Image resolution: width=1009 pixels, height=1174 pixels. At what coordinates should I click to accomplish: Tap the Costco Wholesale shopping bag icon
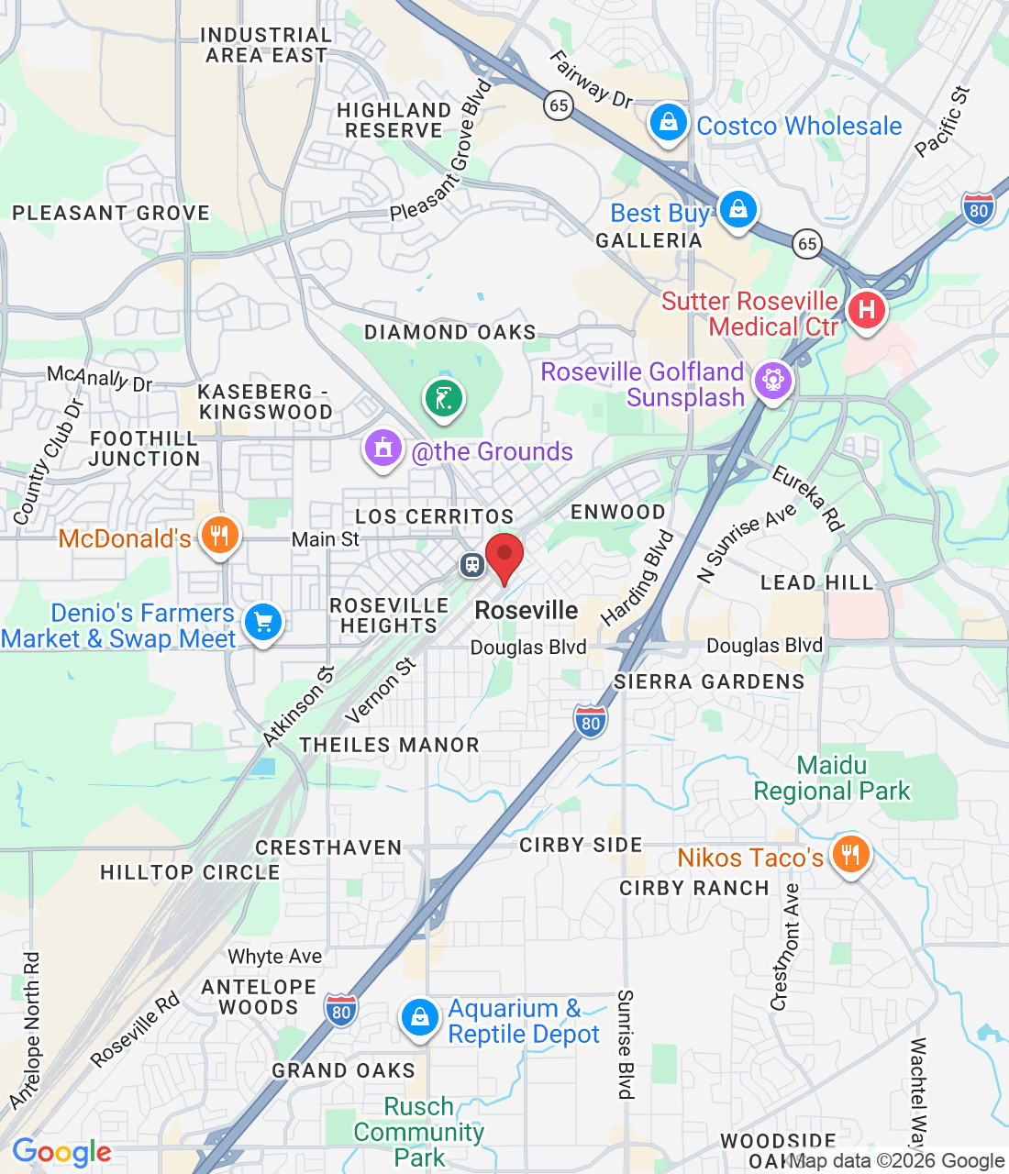(669, 123)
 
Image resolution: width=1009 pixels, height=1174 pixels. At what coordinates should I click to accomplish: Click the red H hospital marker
(866, 310)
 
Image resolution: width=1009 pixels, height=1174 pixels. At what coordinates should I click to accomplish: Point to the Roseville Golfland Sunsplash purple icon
(772, 380)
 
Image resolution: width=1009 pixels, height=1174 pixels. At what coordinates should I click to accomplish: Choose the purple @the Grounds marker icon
(383, 449)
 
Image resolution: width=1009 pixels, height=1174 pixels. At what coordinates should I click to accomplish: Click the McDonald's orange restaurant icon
(219, 536)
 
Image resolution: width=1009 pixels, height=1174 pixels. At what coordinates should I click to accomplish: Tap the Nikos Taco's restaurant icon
(850, 855)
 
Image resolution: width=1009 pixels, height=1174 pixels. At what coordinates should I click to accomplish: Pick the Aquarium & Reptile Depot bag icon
(419, 1017)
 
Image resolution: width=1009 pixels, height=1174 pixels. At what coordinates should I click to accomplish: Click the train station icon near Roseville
(472, 564)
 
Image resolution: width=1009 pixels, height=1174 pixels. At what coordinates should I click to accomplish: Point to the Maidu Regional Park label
(832, 778)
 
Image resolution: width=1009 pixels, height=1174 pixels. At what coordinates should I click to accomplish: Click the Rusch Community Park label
(419, 1132)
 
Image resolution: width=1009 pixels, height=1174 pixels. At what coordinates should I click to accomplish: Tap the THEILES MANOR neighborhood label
(390, 745)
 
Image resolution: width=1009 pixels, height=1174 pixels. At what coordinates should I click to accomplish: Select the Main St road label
(326, 539)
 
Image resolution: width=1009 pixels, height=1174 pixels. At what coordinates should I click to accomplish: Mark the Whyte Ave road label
(275, 957)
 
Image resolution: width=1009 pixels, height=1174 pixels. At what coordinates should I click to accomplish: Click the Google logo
(61, 1152)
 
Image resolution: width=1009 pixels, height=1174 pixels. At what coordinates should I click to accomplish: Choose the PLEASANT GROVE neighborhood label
(111, 213)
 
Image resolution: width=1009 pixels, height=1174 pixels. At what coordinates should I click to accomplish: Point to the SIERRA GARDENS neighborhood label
(709, 681)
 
